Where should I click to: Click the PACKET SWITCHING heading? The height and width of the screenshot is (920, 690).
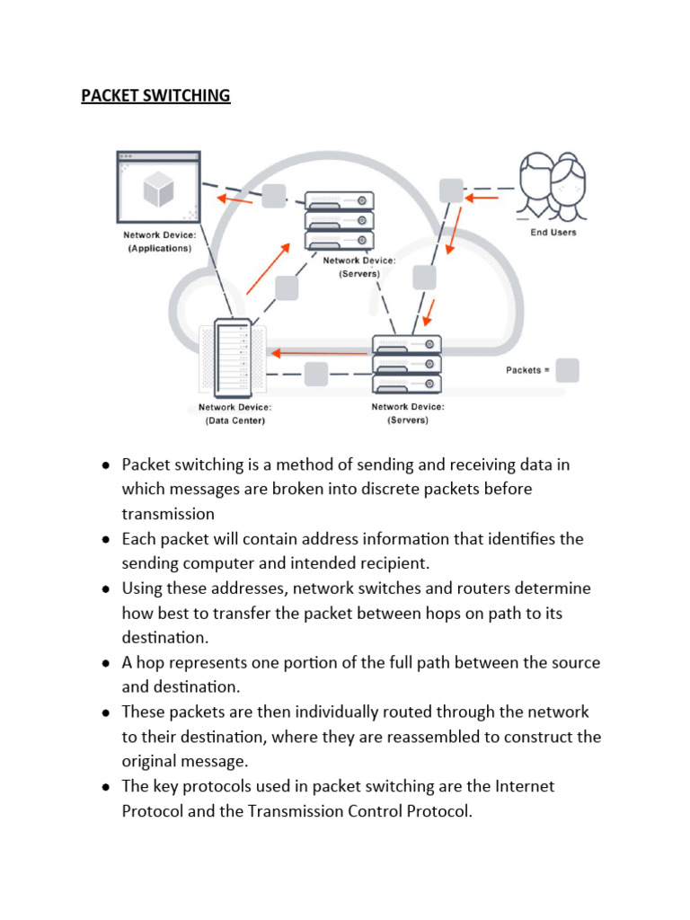coord(155,95)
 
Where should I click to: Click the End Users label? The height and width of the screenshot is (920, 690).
coord(553,232)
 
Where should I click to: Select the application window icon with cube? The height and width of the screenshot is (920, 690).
coord(158,187)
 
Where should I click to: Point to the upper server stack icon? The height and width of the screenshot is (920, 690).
coord(339,220)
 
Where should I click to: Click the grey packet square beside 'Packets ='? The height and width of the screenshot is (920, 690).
coord(567,370)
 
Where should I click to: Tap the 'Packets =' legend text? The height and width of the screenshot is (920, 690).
coord(527,370)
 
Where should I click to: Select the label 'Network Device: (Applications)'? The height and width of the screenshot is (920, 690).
coord(159,242)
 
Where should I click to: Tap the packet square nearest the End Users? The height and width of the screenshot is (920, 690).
coord(451,190)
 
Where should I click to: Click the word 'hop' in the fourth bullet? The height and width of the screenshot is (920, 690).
coord(149,662)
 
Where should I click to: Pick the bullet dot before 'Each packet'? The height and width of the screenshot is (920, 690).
coord(105,539)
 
